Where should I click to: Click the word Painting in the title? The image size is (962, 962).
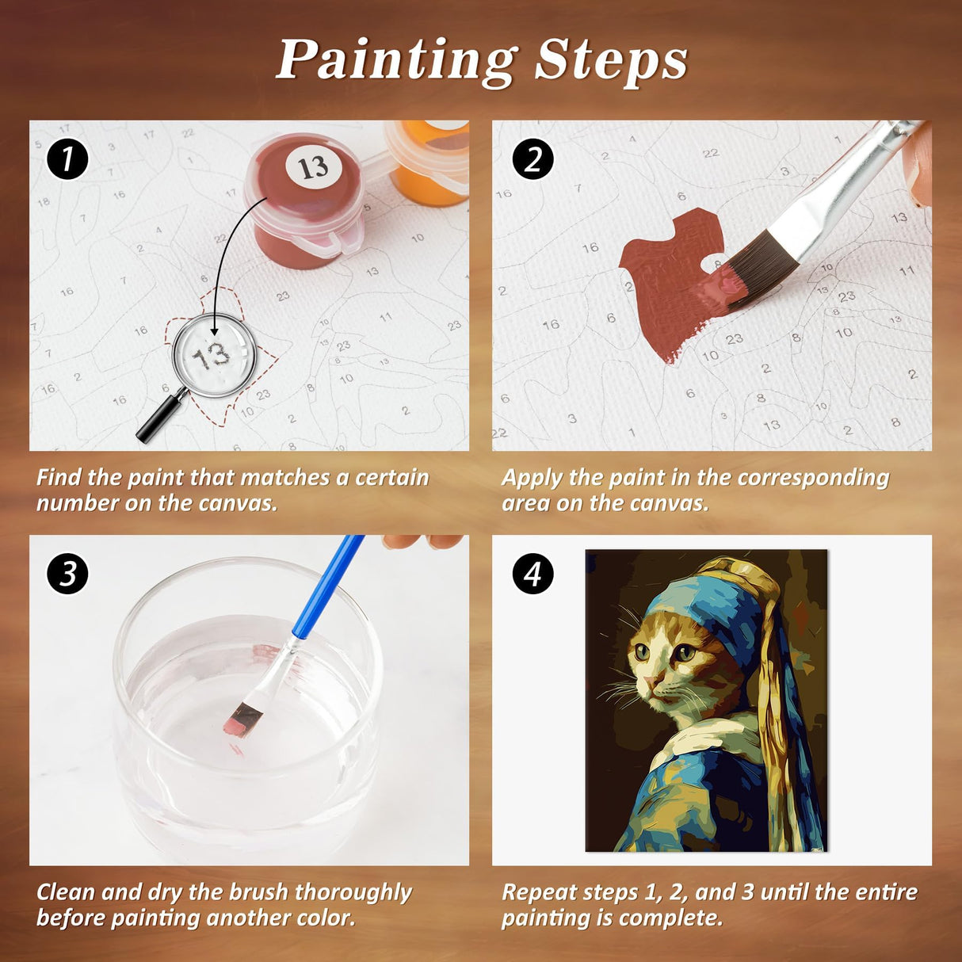[x=395, y=60]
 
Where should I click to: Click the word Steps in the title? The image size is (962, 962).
[x=611, y=60]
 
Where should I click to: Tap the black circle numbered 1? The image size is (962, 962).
[x=67, y=159]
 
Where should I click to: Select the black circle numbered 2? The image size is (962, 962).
[x=533, y=159]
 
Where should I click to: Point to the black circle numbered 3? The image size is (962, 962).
[x=67, y=574]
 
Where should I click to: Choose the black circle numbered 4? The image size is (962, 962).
[x=533, y=574]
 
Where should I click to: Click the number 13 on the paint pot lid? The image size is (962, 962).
[x=312, y=167]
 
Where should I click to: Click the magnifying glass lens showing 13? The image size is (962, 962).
[x=214, y=355]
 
